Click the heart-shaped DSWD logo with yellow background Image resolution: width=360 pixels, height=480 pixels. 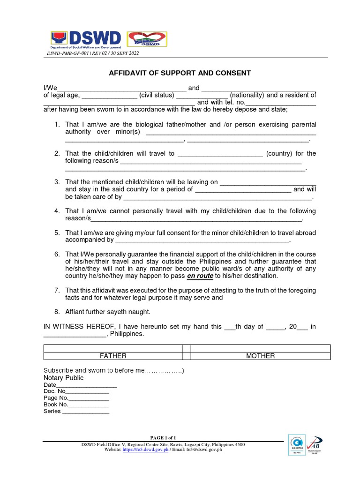click(147, 39)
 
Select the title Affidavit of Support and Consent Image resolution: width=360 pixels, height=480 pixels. click(180, 73)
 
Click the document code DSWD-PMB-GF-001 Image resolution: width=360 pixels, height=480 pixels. click(68, 53)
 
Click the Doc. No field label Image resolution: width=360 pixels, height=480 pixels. click(54, 391)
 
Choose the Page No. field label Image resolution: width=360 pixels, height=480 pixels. click(56, 398)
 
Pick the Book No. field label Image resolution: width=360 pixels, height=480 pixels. click(56, 405)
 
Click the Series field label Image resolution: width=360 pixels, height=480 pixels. click(52, 411)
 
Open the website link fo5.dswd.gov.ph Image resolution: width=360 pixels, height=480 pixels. click(145, 450)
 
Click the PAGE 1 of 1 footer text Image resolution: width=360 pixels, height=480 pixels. click(163, 438)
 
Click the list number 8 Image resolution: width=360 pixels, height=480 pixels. click(57, 312)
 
